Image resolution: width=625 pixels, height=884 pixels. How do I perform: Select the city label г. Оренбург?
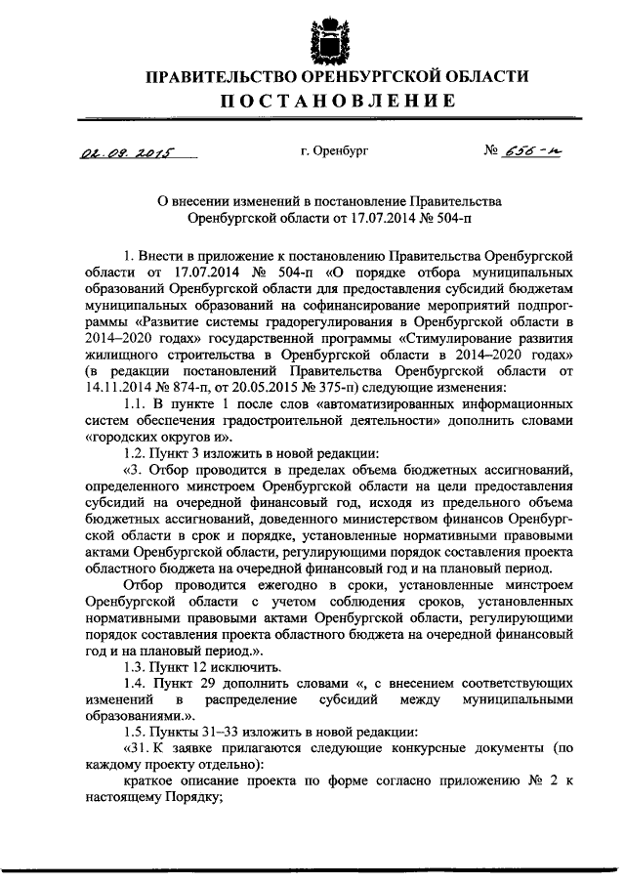334,151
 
